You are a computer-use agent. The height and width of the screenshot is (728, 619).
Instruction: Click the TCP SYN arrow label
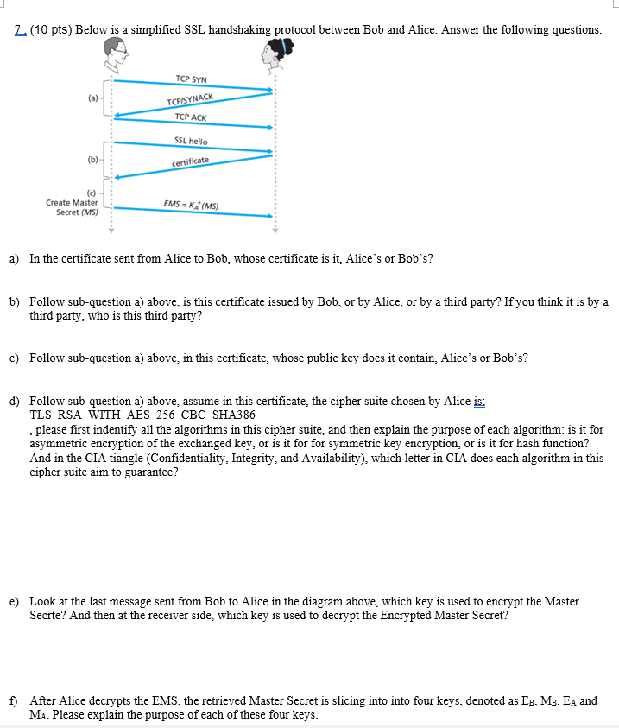(x=191, y=79)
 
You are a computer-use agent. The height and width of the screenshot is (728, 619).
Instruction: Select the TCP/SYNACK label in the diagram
(x=191, y=102)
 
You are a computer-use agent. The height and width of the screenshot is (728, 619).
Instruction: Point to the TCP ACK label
(x=191, y=117)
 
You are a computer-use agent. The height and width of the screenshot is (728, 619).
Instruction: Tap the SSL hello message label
(x=191, y=140)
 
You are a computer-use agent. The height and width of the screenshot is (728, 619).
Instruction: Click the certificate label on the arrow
(x=190, y=161)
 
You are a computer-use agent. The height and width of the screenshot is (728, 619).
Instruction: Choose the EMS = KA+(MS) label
(x=191, y=206)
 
